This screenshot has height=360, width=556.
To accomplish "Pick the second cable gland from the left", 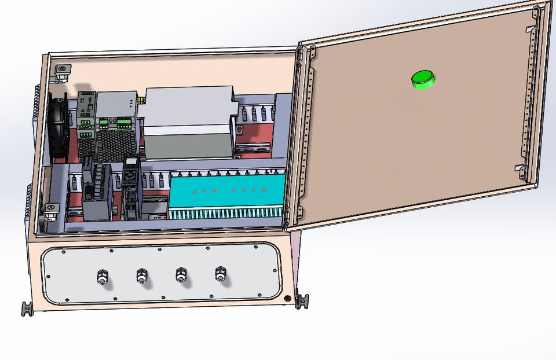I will point(141,275).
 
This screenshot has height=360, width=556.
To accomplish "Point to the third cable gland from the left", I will point(181,275).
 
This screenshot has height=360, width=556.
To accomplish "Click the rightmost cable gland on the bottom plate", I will point(220,274).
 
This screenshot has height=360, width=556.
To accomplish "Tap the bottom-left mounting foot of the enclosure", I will point(27,308).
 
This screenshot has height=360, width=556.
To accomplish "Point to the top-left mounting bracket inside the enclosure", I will point(61,72).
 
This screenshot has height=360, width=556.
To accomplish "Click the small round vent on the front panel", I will point(287,298).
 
